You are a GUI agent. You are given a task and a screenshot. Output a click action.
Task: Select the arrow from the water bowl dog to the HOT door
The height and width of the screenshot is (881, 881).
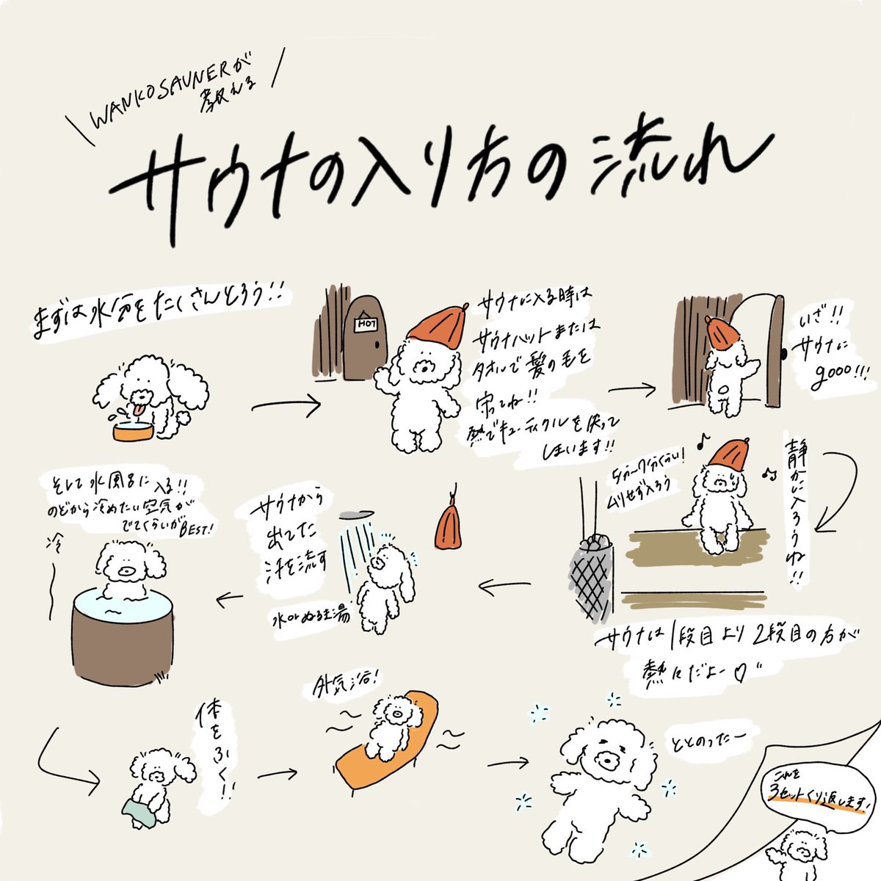tap(286, 405)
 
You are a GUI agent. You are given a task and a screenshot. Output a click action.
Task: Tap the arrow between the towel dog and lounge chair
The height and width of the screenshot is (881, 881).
tap(277, 774)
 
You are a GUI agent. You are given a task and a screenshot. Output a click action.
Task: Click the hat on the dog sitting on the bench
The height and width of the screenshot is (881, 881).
tap(726, 456)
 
